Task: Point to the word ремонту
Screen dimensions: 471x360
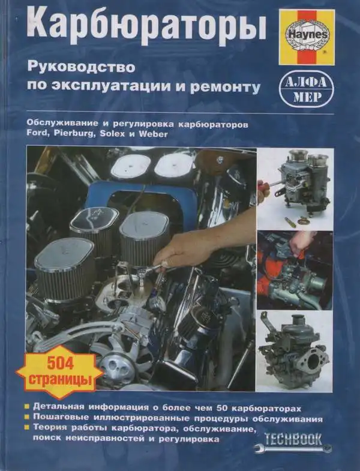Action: coord(231,87)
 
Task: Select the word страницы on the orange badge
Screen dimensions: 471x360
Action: coord(58,380)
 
